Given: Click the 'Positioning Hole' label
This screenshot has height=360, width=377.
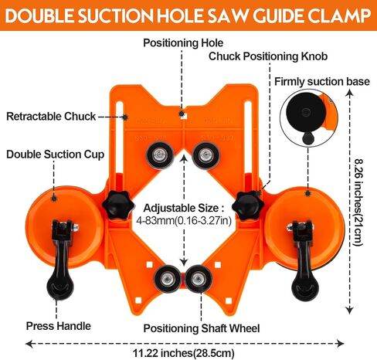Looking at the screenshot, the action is (183, 43).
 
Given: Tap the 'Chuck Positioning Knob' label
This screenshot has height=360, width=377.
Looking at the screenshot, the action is (268, 56).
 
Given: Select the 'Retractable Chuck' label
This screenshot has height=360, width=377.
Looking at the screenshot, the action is (51, 117).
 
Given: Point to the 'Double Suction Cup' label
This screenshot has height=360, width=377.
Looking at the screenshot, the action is (55, 155).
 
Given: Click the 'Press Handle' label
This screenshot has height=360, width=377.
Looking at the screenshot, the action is (59, 326).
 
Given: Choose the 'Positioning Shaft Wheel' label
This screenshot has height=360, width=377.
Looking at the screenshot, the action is (202, 328).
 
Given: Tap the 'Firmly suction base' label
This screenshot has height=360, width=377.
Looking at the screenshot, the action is (322, 82).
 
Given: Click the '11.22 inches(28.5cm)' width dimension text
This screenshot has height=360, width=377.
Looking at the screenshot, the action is (184, 353).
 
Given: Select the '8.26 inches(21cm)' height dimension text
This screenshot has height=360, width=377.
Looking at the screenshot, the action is (358, 202).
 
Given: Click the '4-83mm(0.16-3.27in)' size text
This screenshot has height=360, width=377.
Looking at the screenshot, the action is (184, 220).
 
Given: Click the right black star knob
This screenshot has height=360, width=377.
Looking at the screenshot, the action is (248, 205).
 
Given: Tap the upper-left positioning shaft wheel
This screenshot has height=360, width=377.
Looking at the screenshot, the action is (160, 155).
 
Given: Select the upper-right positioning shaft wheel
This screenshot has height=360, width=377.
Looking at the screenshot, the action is (205, 155).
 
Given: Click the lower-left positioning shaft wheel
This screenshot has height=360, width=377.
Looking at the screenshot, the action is (167, 279).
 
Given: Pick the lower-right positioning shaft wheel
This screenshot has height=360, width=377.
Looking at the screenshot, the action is (199, 279).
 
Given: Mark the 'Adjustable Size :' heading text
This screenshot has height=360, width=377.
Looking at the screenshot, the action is (184, 208).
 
